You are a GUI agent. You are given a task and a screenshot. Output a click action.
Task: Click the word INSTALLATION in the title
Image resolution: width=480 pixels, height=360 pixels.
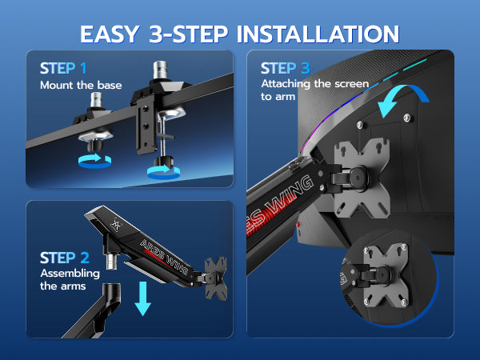pos(318,34)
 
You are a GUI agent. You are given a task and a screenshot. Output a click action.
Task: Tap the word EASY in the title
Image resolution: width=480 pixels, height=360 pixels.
pos(110,34)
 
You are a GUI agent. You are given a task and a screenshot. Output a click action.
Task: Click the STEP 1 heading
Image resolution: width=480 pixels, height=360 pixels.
pos(63,68)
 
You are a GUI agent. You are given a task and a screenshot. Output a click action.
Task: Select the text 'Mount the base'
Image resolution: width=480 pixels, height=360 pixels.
pos(81,85)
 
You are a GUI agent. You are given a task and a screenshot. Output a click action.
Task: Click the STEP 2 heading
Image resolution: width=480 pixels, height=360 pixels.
pos(65,258)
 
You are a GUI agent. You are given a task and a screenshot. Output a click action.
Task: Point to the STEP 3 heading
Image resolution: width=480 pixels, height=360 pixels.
pos(286,68)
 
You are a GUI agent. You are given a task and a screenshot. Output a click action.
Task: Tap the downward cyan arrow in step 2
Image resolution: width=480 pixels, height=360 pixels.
pos(143,298)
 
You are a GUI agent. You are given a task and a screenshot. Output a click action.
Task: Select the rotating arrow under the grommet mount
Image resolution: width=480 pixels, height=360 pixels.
pos(94,161)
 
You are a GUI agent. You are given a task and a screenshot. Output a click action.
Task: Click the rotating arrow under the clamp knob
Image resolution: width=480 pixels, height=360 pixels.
pos(163,172)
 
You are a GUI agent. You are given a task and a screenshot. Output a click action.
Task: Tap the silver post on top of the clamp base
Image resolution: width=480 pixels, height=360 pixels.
pos(160,70)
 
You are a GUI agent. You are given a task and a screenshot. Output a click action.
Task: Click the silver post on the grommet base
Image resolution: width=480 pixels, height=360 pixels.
pos(96,99)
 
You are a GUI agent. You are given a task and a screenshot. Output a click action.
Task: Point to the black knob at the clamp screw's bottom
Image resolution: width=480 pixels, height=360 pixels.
pos(163,161)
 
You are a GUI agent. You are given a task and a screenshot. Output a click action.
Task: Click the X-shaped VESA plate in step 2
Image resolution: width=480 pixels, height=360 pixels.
pos(216,278)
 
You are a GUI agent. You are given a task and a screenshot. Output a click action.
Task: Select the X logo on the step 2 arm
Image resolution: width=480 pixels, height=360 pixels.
pos(116,226)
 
